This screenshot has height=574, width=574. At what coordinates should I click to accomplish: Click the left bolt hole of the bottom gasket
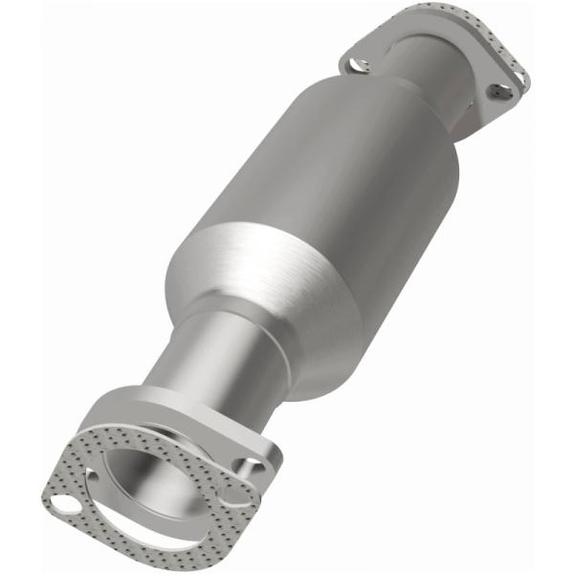(64, 504)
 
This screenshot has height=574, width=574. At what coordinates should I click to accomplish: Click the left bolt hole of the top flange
(361, 65)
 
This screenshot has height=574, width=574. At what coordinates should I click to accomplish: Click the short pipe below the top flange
(450, 105)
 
